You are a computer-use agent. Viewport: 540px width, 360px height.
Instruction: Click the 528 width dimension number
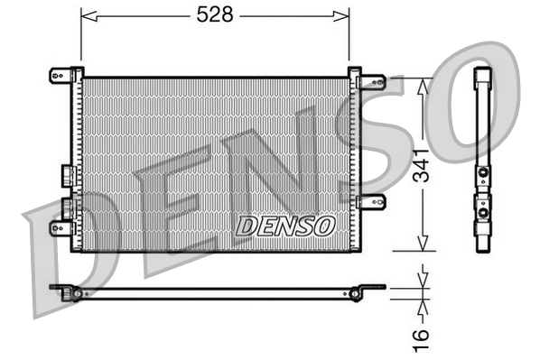click(x=215, y=15)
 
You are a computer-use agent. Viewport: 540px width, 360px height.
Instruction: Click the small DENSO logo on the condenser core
click(x=285, y=225)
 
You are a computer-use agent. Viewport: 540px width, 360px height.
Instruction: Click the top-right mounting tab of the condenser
click(x=370, y=81)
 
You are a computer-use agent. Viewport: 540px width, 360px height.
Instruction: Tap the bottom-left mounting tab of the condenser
click(x=61, y=227)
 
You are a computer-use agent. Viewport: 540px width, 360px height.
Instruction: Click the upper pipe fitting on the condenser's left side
click(x=66, y=174)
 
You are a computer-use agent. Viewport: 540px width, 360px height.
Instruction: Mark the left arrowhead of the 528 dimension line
click(x=87, y=15)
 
